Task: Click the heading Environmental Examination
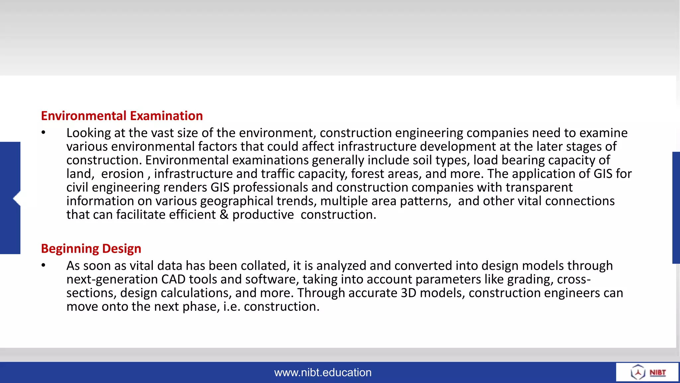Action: coord(122,116)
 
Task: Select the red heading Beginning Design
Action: coord(91,249)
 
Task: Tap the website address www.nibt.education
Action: coord(323,372)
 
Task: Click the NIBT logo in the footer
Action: coord(647,372)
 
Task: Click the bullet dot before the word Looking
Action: coord(43,133)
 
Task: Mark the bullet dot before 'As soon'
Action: coord(43,265)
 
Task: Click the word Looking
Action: coord(89,133)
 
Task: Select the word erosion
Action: coord(123,174)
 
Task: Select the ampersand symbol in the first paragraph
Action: coord(224,215)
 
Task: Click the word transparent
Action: coord(539,188)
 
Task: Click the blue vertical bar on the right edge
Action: coord(676,207)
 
